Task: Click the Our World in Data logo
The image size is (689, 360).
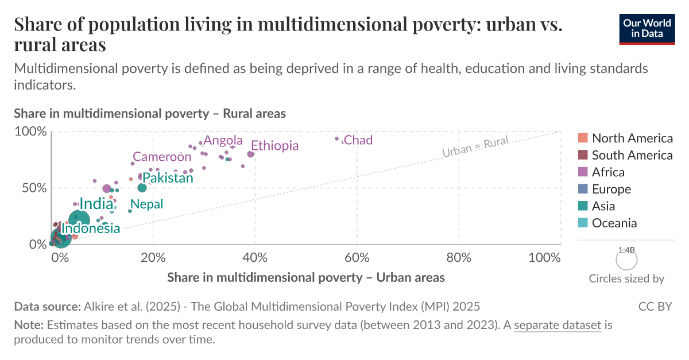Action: click(x=647, y=28)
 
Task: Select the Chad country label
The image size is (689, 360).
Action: click(x=358, y=140)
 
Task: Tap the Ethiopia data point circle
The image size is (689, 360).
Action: click(x=250, y=154)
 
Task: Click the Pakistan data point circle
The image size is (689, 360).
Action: click(x=142, y=188)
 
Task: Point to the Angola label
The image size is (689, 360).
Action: click(x=223, y=141)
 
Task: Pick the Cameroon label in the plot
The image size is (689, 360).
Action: click(x=162, y=157)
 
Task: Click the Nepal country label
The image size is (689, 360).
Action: click(x=147, y=204)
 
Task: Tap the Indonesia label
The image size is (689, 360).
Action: click(x=91, y=229)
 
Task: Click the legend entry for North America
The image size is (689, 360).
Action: click(x=632, y=138)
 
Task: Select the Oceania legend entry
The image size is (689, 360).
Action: click(x=614, y=223)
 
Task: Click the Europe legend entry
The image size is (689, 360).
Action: click(x=611, y=189)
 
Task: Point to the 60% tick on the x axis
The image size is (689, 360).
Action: click(x=357, y=258)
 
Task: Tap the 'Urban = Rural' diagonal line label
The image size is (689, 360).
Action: click(x=475, y=147)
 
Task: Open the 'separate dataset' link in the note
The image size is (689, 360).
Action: click(x=558, y=326)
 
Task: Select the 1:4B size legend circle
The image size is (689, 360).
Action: click(x=626, y=260)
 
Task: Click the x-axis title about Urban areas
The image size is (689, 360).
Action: click(x=306, y=278)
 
